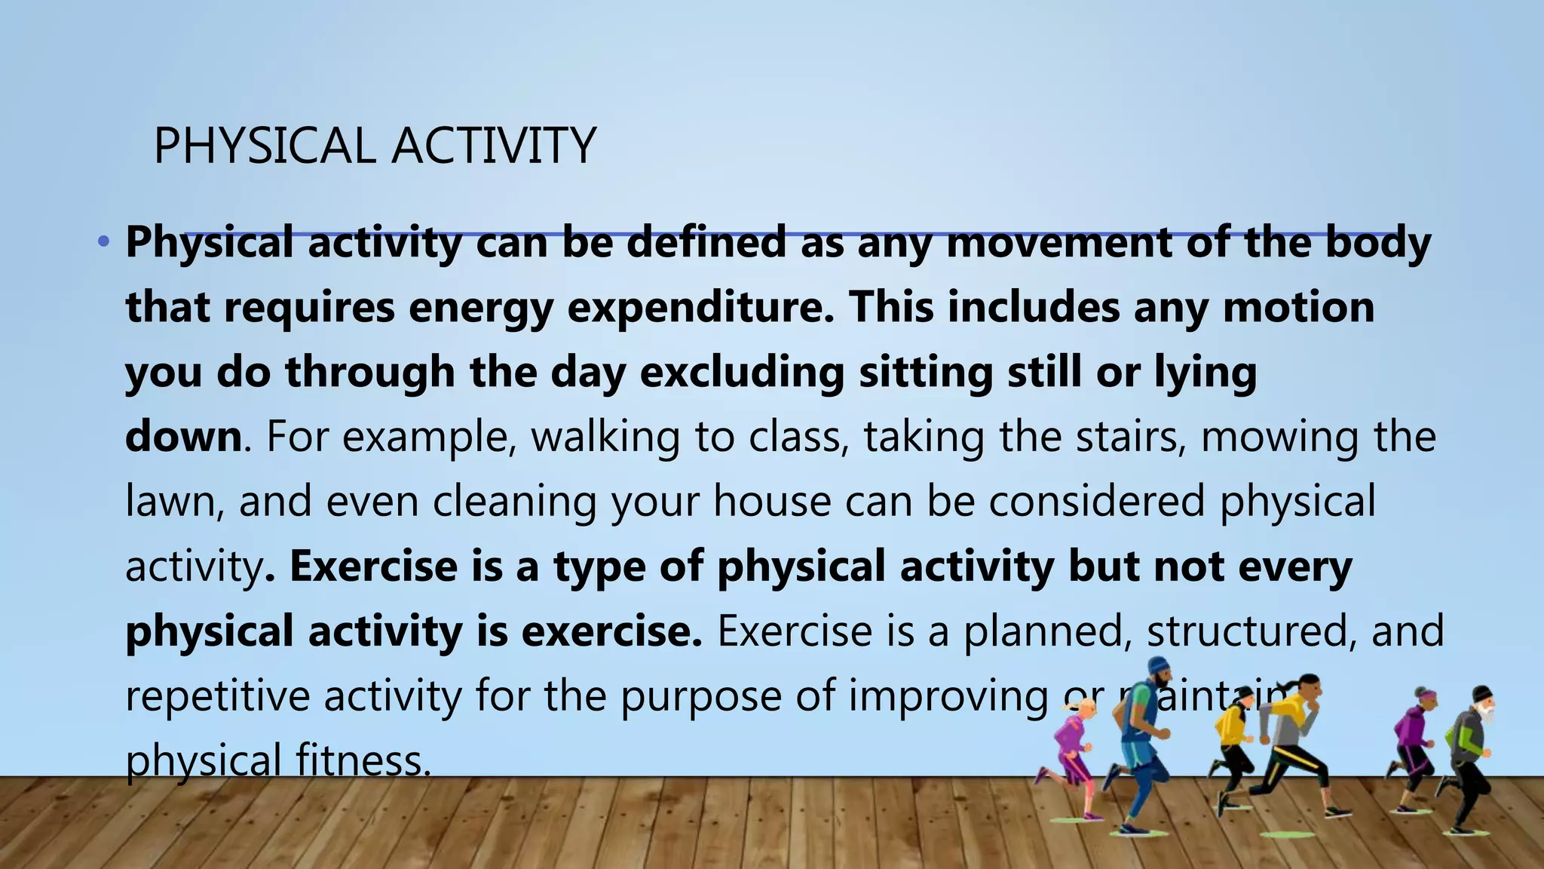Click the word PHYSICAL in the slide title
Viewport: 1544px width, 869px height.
pyautogui.click(x=265, y=146)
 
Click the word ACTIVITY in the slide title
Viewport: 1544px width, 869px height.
pyautogui.click(x=494, y=146)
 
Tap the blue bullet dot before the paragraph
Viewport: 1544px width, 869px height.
pyautogui.click(x=103, y=243)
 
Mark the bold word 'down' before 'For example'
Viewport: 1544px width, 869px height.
pyautogui.click(x=182, y=438)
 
